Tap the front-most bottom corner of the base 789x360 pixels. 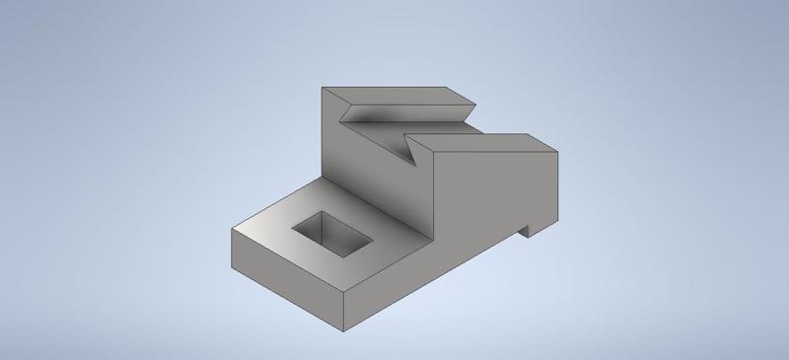click(343, 328)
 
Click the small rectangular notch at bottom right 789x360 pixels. click(526, 230)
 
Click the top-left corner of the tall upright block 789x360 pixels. click(323, 88)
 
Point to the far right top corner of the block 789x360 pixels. click(557, 151)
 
